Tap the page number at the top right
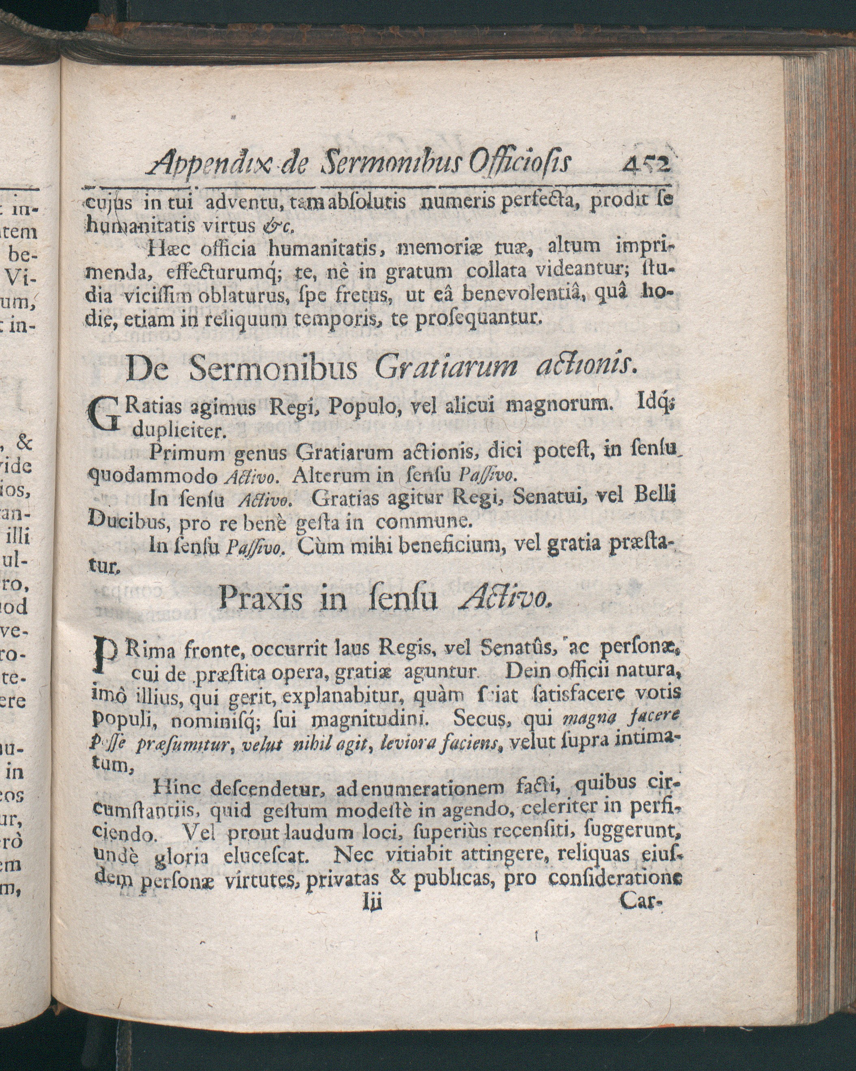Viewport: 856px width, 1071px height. [x=645, y=162]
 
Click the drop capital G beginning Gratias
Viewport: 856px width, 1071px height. [x=104, y=416]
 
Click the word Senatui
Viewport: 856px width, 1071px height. [x=547, y=497]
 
